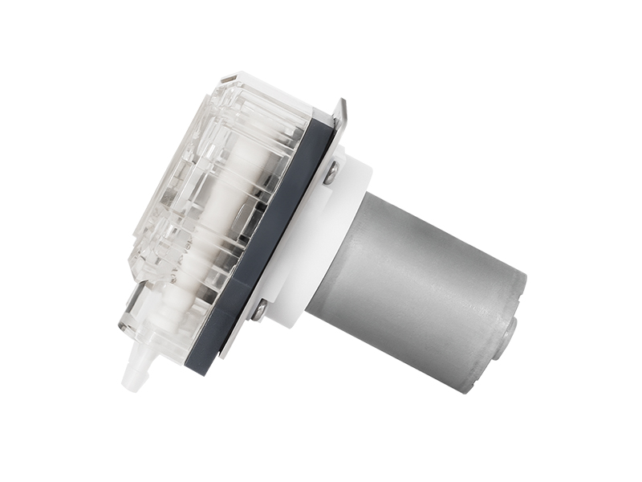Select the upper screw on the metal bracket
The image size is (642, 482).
coord(330,172)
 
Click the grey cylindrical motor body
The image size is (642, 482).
coord(417,281)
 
